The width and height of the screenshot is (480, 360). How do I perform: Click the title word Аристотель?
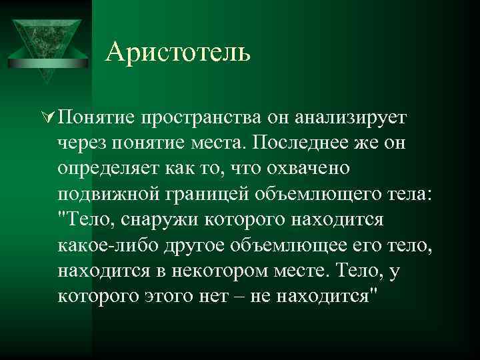pos(178,51)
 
